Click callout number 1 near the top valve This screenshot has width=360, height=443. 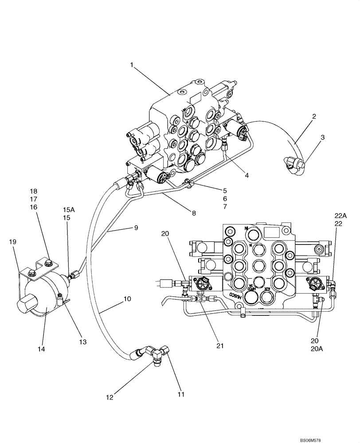pyautogui.click(x=132, y=65)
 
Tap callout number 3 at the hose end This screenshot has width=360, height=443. pyautogui.click(x=323, y=137)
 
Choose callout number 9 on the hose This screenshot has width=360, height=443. pyautogui.click(x=136, y=228)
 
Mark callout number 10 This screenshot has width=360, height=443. pyautogui.click(x=127, y=299)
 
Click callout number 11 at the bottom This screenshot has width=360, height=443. pyautogui.click(x=181, y=393)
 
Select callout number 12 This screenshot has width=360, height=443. pyautogui.click(x=109, y=397)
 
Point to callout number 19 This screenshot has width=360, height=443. pyautogui.click(x=13, y=242)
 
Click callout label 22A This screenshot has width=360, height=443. pyautogui.click(x=340, y=215)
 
